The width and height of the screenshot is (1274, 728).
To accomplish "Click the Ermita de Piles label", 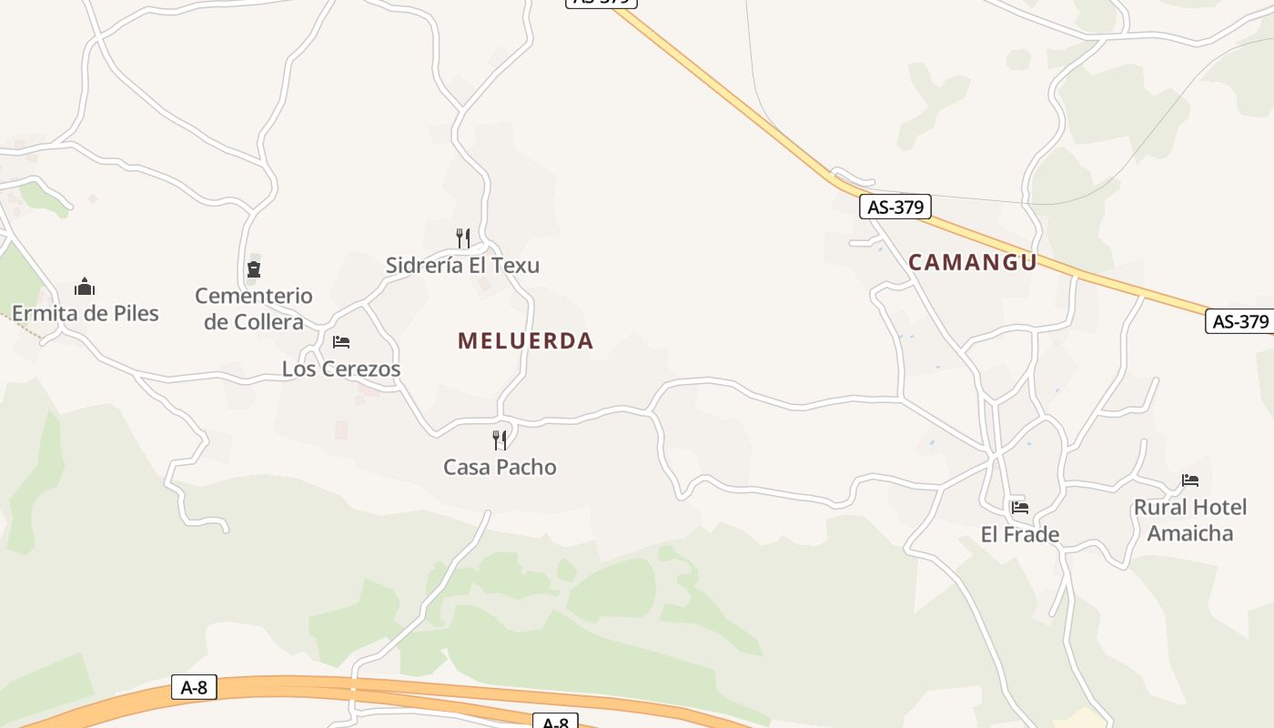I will pos(85,314).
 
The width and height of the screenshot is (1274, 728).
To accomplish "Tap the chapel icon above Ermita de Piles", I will pos(85,288).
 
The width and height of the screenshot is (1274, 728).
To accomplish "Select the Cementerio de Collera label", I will pos(254,308).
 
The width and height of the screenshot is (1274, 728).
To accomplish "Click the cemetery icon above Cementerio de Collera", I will pos(254,269).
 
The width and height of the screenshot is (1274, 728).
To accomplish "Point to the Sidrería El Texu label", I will pos(462,266).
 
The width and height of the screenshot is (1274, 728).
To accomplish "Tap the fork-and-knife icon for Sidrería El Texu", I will pos(463,238).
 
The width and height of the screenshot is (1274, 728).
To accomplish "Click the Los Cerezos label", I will pos(341,369).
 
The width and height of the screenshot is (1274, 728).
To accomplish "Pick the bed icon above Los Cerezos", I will pos(341,342).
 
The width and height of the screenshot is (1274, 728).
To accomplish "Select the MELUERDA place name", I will pos(525,341).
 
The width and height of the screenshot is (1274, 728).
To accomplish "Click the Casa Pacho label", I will pos(500,467).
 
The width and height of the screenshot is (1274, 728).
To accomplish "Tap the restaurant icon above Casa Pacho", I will pos(500,440).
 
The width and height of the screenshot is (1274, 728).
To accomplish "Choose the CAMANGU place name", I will pos(973,262).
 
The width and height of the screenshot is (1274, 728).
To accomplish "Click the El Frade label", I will pos(1020,534).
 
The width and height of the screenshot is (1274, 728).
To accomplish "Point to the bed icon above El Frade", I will pos(1020,507).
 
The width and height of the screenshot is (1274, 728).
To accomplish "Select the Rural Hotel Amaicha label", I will pos(1190,520).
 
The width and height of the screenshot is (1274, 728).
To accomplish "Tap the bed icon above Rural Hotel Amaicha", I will pos(1190,480).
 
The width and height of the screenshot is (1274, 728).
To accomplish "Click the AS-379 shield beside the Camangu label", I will pos(895,207).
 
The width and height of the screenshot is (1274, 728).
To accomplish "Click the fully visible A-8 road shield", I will pos(195,687).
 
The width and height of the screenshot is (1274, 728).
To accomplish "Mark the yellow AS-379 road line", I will pos(728,92).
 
